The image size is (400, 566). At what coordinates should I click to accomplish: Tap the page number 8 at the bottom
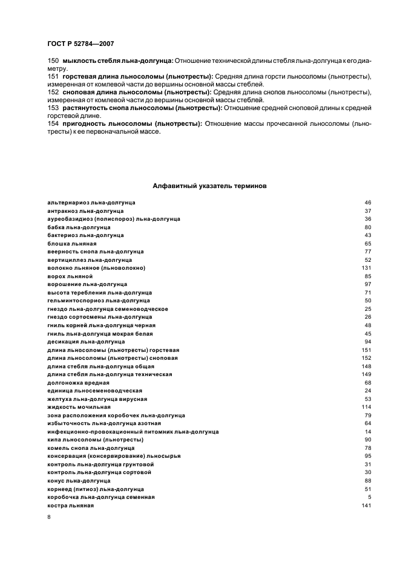[49, 517]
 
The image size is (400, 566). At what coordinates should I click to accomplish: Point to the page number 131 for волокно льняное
[366, 267]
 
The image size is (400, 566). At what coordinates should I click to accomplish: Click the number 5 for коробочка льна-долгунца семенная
[369, 496]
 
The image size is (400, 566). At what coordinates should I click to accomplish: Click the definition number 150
[53, 60]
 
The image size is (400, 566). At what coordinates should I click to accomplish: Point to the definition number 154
[53, 123]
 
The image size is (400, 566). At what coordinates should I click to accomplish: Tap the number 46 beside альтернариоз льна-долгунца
[367, 202]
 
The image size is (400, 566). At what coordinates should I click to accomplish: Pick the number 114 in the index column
[366, 407]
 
